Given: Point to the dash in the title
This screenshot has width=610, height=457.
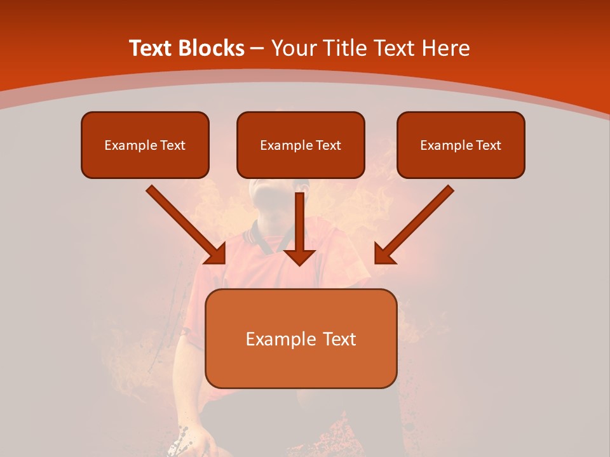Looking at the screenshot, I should [x=257, y=49].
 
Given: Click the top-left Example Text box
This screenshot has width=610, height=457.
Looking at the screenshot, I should [x=145, y=145].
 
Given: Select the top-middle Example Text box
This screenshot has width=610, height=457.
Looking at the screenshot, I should [x=301, y=145].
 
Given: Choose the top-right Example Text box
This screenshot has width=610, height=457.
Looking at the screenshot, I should [x=461, y=145].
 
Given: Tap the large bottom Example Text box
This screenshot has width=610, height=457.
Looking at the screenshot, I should [x=301, y=338].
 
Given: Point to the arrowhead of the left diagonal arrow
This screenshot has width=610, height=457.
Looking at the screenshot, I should [x=216, y=254].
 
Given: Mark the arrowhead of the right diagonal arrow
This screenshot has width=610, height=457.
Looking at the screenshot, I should [x=384, y=254].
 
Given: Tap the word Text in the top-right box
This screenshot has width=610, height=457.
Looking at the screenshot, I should [x=488, y=145].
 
